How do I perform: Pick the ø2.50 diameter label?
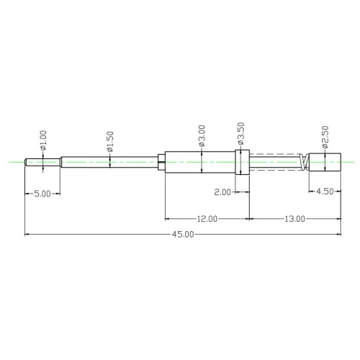(x=325, y=135)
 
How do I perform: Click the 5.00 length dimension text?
(x=42, y=193)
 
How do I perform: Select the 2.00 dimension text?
(x=222, y=192)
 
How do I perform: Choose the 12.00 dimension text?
(x=208, y=218)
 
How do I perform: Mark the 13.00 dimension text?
(x=294, y=218)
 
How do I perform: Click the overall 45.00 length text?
(x=183, y=234)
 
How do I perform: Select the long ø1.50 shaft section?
(x=108, y=162)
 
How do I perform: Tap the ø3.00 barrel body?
(x=198, y=162)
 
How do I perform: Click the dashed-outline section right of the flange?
(x=274, y=162)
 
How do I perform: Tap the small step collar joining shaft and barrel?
(x=161, y=162)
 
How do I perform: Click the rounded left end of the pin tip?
(x=27, y=162)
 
